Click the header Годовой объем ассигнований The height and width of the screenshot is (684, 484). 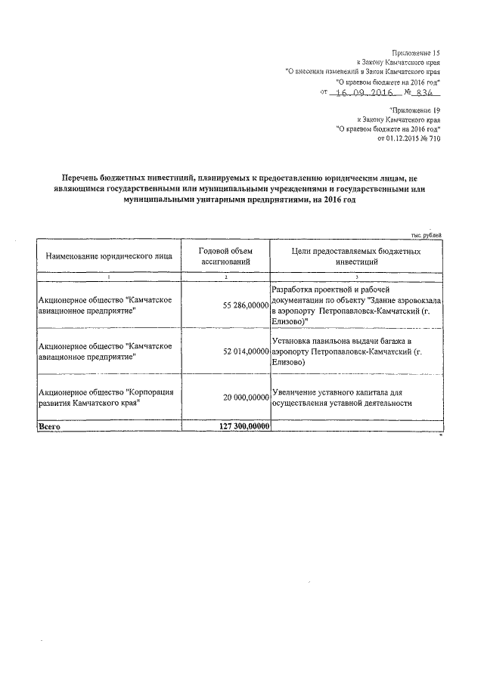coord(225,257)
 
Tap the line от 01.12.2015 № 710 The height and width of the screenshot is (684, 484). coord(408,139)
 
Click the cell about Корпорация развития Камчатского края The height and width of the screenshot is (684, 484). coord(107,397)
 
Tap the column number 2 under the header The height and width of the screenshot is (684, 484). coord(225,278)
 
